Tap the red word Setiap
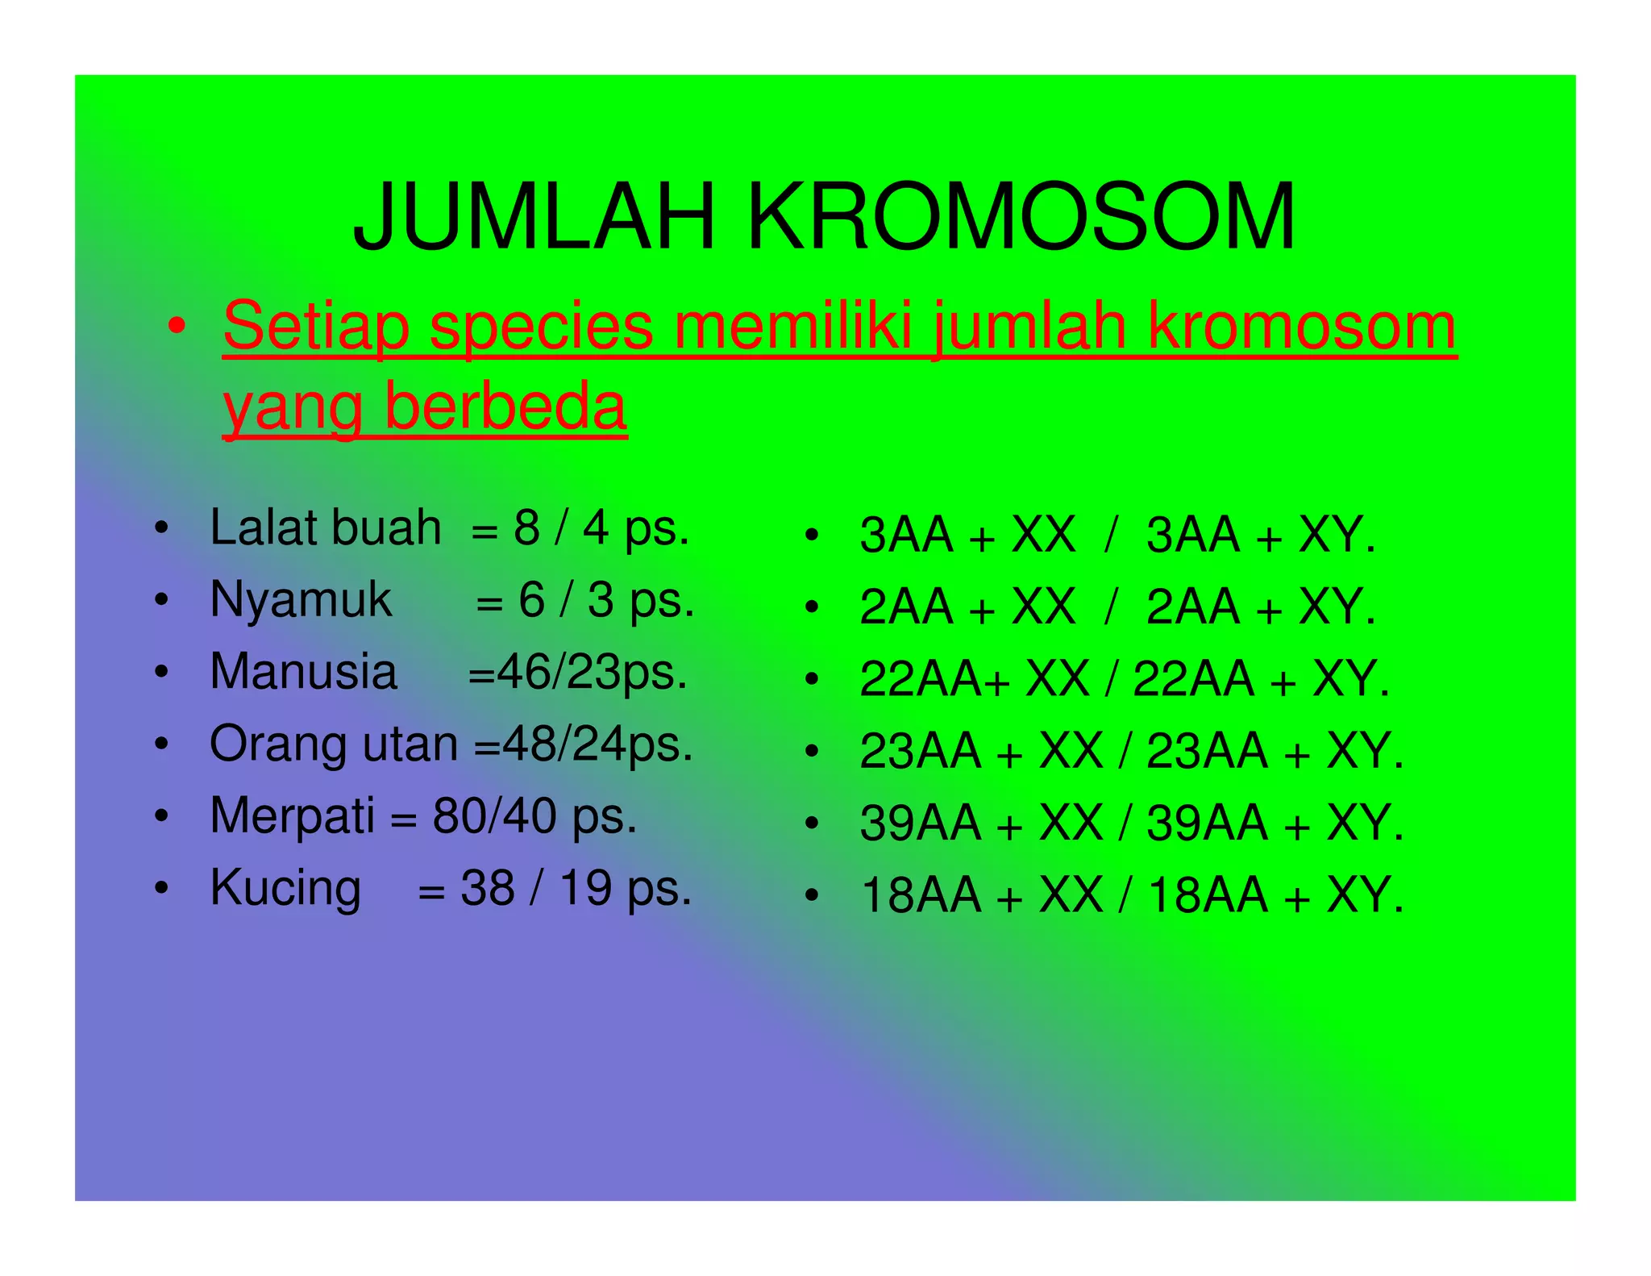click(x=315, y=327)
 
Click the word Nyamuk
click(x=301, y=600)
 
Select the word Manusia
click(x=303, y=672)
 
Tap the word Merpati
click(x=292, y=815)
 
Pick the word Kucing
click(x=285, y=888)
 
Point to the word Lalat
click(x=261, y=528)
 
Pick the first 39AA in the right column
click(x=920, y=824)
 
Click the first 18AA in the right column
click(x=920, y=895)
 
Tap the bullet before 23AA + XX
click(x=812, y=752)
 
